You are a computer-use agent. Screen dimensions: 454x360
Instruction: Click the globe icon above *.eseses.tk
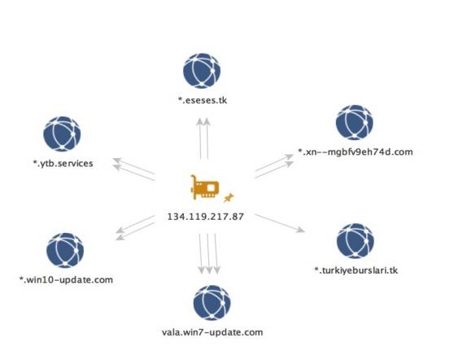point(202,71)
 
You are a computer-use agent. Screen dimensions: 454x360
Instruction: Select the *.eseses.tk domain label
point(203,100)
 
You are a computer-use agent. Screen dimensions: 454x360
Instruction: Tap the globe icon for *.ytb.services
point(62,134)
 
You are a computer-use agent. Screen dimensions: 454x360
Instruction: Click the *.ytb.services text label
point(63,164)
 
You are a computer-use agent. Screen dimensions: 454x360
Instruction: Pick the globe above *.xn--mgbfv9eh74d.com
point(355,122)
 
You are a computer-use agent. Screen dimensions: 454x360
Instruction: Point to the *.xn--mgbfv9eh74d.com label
point(356,151)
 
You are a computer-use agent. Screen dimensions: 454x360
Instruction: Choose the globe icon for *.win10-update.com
point(65,250)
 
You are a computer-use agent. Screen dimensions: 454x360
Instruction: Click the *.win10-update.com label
point(66,280)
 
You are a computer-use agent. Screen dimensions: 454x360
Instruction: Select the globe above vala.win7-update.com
point(212,303)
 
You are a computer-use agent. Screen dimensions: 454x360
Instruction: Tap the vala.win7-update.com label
point(212,332)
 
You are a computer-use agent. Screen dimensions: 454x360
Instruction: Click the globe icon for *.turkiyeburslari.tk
point(356,241)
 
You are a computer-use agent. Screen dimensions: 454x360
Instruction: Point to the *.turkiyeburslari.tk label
point(356,270)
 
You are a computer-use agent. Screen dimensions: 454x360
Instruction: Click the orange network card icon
point(204,187)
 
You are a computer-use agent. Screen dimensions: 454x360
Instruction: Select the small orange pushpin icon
point(229,198)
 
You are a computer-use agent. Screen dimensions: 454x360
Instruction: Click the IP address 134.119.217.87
point(206,217)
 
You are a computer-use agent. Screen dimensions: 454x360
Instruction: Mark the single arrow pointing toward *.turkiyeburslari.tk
point(280,223)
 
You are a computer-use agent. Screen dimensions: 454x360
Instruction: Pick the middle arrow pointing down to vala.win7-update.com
point(208,253)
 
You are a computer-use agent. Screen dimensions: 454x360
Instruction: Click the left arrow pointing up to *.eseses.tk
point(200,138)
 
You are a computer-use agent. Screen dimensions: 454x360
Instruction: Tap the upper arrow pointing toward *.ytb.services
point(133,166)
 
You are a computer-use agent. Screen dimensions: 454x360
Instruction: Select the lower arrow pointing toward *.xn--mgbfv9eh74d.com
point(274,170)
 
